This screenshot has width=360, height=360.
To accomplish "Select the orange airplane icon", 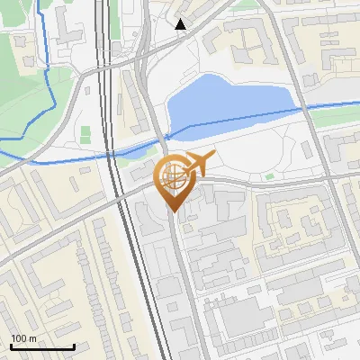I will [200, 164].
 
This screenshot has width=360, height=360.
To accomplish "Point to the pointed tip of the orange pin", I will [173, 212].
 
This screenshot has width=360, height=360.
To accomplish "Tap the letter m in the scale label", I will [32, 338].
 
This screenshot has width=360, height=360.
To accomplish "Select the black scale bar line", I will [41, 346].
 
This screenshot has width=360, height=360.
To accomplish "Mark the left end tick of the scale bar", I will [10, 345].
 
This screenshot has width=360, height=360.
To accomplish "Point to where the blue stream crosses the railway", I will [109, 154].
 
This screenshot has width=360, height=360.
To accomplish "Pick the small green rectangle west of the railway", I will [85, 135].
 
